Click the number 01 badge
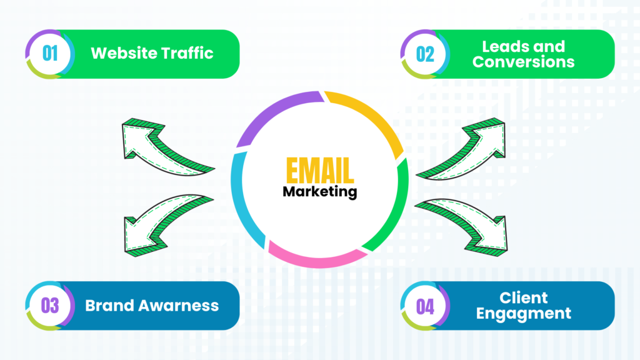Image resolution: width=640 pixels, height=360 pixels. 50,54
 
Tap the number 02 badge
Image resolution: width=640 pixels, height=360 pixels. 425,54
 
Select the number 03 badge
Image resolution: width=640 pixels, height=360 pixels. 50,306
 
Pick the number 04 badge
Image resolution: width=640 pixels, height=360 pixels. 425,306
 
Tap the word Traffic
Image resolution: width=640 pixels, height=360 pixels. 187,53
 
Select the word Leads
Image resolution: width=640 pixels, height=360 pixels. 505,46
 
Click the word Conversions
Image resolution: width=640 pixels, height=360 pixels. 524,62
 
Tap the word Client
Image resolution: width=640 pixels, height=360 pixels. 524,297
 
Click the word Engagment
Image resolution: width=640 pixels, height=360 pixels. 524,313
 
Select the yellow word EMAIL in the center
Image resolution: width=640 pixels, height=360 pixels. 319,171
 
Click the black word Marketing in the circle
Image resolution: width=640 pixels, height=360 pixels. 319,191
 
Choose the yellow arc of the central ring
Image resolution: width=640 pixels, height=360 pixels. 369,119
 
